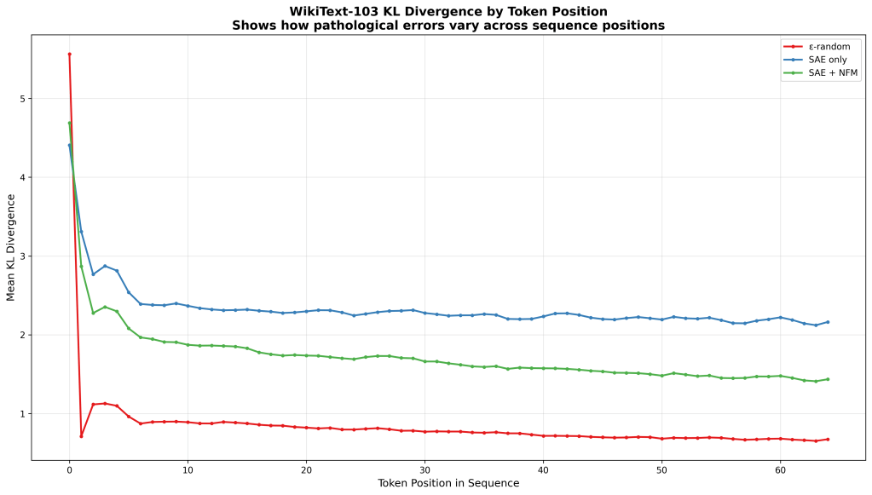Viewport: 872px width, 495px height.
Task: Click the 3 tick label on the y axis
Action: pos(23,256)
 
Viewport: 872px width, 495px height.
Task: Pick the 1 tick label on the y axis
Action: pos(23,414)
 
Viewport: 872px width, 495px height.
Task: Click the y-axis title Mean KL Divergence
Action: pos(11,247)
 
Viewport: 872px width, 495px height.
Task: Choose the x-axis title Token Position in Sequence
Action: pos(448,483)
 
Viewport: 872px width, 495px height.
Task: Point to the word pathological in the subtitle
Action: pos(401,26)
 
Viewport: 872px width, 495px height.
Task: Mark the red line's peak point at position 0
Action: pos(69,54)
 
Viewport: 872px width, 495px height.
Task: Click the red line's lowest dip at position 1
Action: pos(81,436)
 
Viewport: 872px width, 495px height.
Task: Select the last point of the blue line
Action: pos(828,322)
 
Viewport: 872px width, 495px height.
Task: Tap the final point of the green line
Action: pos(828,379)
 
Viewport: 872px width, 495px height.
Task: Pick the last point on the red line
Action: pos(828,440)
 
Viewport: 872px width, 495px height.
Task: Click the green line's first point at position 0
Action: pos(69,123)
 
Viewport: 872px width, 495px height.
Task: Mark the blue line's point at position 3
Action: pos(105,266)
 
